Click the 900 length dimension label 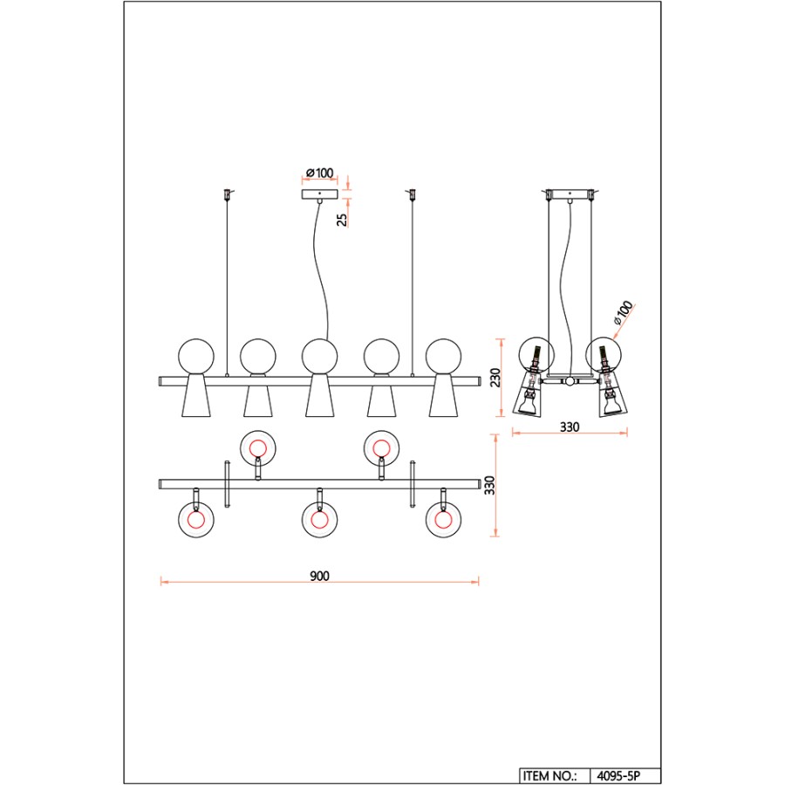pyautogui.click(x=319, y=576)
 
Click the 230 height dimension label pyautogui.click(x=495, y=378)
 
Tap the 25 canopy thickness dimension pyautogui.click(x=341, y=220)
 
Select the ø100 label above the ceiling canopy pyautogui.click(x=319, y=173)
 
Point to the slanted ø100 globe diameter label pyautogui.click(x=624, y=312)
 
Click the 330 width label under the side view pyautogui.click(x=570, y=427)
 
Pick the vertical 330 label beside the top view pyautogui.click(x=489, y=485)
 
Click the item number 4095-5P pyautogui.click(x=618, y=776)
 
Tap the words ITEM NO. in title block pyautogui.click(x=549, y=776)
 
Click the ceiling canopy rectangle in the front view pyautogui.click(x=319, y=195)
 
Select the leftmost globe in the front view pyautogui.click(x=196, y=357)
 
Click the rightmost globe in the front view pyautogui.click(x=444, y=357)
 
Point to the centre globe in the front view pyautogui.click(x=319, y=357)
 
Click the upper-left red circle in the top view pyautogui.click(x=258, y=447)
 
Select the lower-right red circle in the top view pyautogui.click(x=443, y=520)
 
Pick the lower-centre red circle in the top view pyautogui.click(x=319, y=520)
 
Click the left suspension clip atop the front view pyautogui.click(x=228, y=194)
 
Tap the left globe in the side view pyautogui.click(x=536, y=355)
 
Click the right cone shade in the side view pyautogui.click(x=611, y=394)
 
